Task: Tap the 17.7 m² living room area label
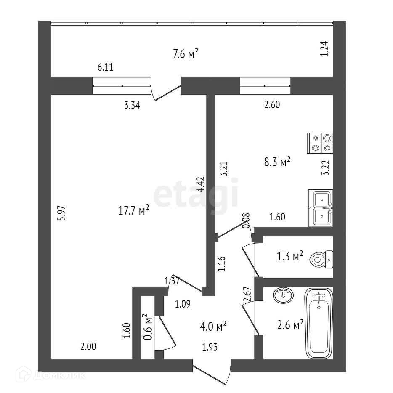134,211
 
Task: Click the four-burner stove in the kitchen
321,143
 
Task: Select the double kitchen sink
321,208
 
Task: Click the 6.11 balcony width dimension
105,67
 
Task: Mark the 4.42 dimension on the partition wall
202,185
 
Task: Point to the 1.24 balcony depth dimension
324,49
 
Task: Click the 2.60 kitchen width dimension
272,105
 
